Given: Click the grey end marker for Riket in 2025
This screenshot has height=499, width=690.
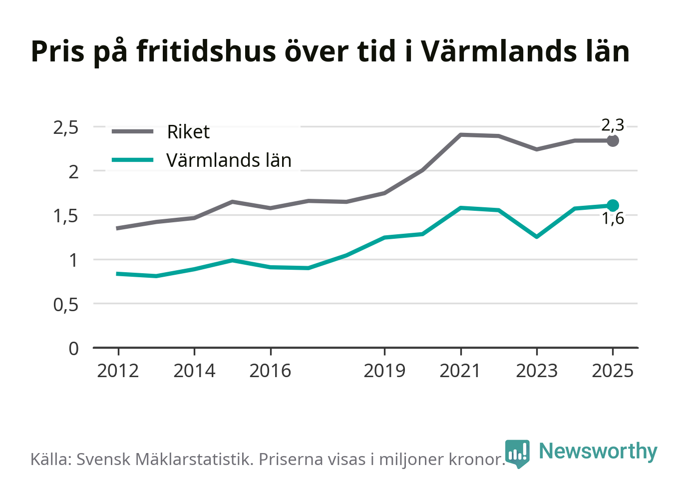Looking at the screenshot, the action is [x=613, y=141].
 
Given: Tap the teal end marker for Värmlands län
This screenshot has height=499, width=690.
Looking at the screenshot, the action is [x=613, y=205].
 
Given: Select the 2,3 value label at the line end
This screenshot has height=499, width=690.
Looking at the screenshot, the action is [x=613, y=125].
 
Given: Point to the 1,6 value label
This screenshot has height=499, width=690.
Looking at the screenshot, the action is [x=613, y=218].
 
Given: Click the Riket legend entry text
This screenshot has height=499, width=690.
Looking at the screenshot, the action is [x=188, y=132].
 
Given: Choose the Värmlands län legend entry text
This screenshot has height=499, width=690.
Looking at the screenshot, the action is [x=229, y=160].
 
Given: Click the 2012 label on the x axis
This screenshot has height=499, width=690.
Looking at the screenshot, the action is [x=118, y=371].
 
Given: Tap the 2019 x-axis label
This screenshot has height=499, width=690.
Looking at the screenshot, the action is [x=384, y=371].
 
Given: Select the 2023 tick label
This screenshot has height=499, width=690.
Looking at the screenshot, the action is [x=537, y=371].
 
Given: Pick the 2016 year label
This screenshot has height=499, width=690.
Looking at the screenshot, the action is [x=270, y=371].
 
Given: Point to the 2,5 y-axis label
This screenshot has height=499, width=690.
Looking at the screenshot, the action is [x=66, y=128].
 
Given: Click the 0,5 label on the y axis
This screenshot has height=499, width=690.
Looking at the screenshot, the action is [x=66, y=305].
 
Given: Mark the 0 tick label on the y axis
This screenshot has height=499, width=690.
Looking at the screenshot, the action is [x=73, y=349].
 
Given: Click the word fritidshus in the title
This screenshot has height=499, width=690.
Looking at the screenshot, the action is [x=206, y=51].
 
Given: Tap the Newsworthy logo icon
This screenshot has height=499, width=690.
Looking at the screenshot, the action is [x=517, y=454].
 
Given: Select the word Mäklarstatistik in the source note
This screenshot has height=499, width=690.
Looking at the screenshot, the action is [x=194, y=459].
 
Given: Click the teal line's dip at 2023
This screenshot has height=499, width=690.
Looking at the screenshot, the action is [x=537, y=237].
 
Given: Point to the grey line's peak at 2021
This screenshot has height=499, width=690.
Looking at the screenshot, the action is [x=461, y=135].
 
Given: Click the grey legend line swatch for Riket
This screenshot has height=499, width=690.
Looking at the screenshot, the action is [x=132, y=131].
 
